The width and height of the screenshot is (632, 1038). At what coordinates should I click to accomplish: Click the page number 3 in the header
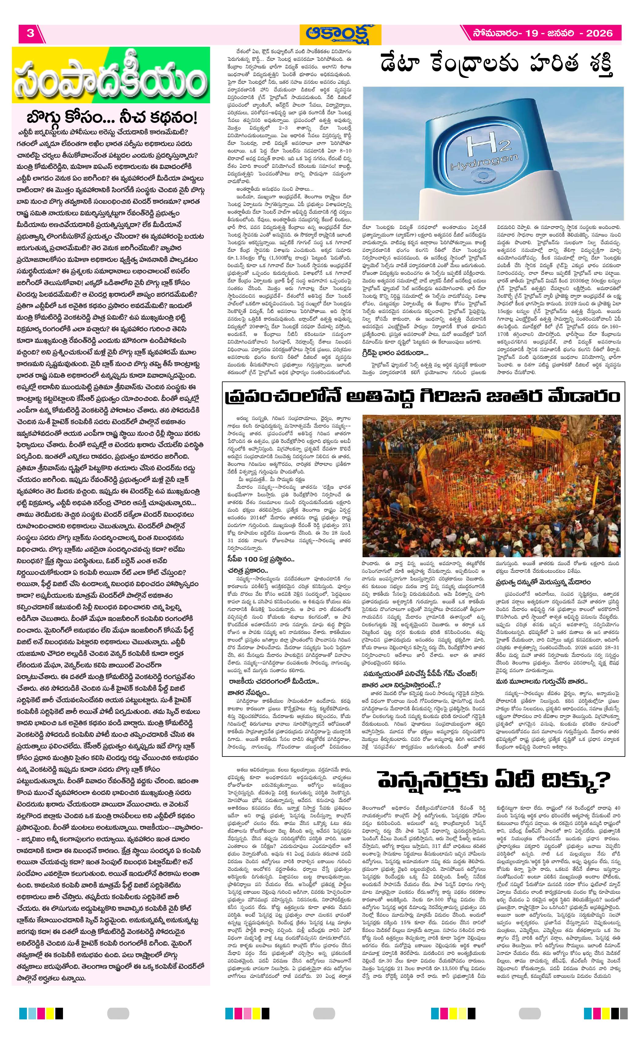pos(30,34)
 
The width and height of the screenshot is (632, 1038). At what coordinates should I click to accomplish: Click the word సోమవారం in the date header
pos(495,34)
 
